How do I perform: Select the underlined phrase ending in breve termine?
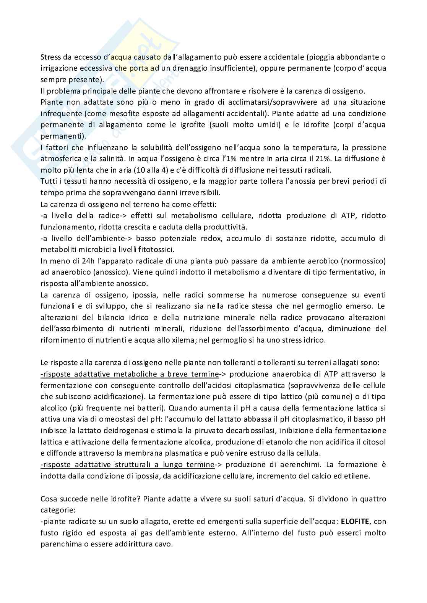tap(130, 374)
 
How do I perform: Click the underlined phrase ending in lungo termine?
tap(127, 464)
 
